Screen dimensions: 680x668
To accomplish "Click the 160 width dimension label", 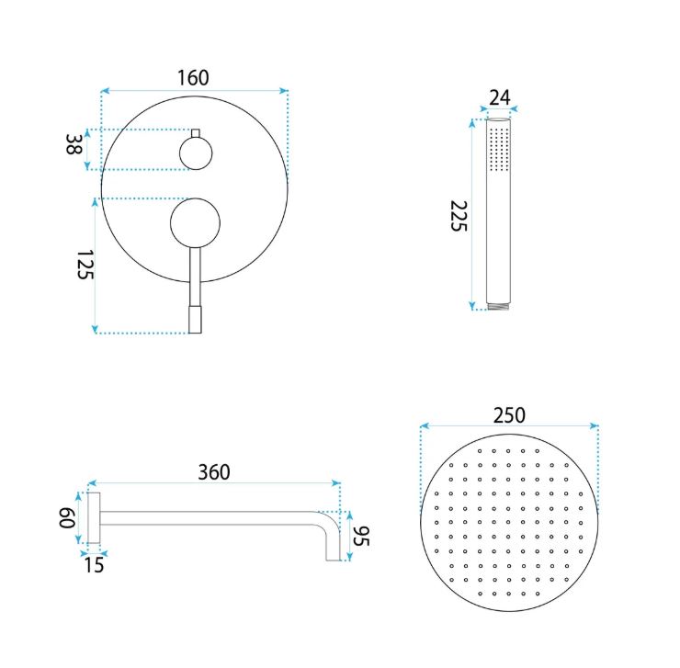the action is coord(193,78).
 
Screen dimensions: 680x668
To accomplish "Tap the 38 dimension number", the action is coord(74,144).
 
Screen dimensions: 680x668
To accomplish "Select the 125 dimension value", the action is coord(85,265).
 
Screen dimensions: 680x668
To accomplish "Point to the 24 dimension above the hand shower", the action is coord(500,97).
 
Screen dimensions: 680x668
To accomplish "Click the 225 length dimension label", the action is coord(458,216).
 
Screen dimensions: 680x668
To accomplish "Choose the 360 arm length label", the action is coord(214,472).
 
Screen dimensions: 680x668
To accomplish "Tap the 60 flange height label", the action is coord(67,518).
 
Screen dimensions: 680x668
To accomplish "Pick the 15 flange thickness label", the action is coord(94,565).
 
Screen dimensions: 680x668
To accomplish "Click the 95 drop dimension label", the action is coord(361,536).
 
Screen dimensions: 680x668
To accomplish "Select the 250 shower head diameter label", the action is coord(509,415).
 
